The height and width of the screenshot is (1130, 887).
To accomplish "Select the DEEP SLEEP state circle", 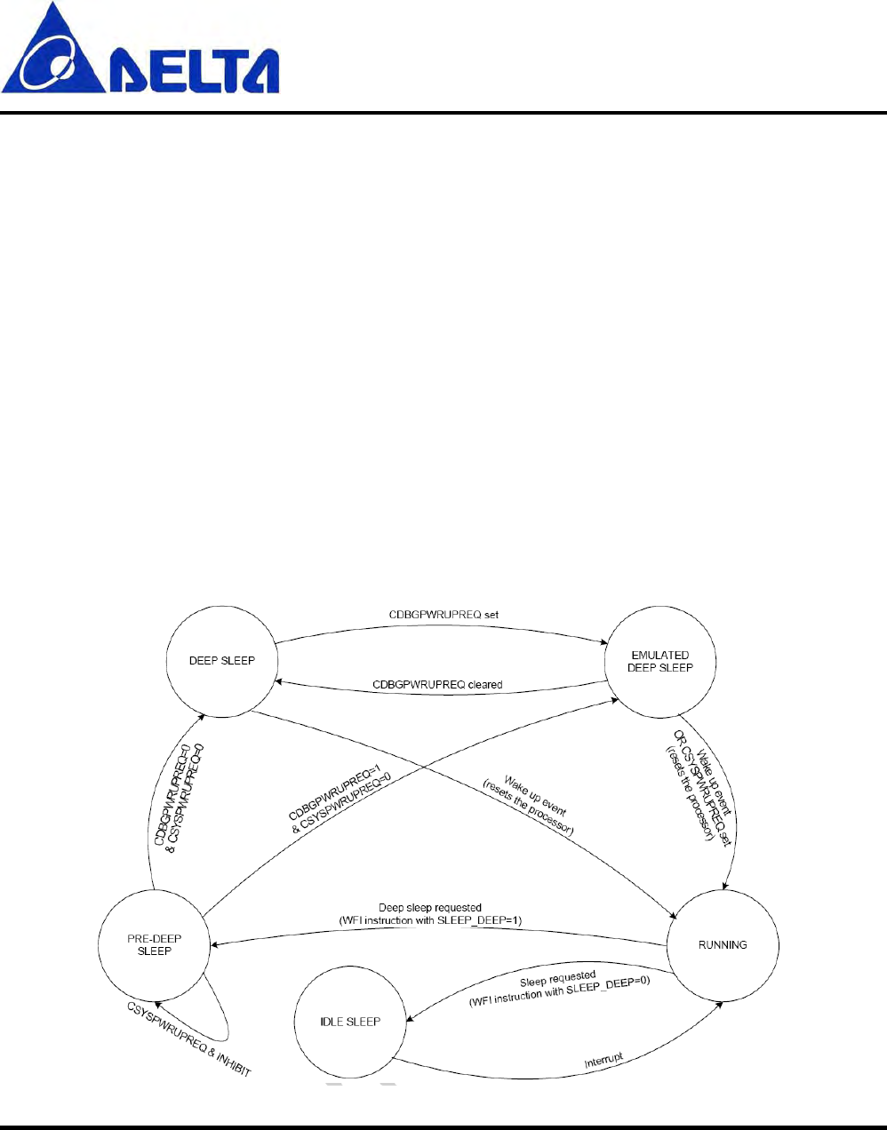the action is click(x=222, y=661).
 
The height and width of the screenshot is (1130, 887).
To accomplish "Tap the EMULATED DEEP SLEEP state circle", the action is click(x=659, y=662).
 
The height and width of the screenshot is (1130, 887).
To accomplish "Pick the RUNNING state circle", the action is click(x=723, y=945).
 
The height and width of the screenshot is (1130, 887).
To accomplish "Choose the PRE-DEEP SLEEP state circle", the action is click(x=155, y=945).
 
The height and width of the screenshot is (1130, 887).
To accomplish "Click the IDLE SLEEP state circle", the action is click(x=350, y=1022).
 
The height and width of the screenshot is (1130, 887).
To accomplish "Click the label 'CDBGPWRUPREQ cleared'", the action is click(x=437, y=685).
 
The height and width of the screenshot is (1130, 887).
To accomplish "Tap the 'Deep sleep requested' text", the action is click(x=430, y=908).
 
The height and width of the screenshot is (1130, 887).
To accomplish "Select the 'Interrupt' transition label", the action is click(x=604, y=1061).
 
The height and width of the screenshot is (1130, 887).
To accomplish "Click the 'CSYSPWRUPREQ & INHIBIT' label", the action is click(x=189, y=1039).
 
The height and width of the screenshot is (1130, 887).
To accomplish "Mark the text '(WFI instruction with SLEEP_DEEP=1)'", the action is click(x=430, y=920).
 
